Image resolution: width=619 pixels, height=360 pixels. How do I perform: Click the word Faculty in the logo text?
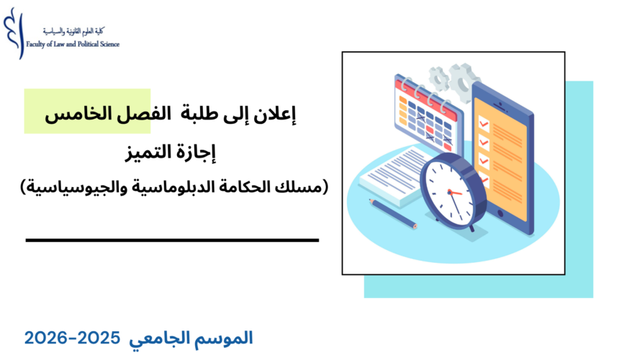coord(36,44)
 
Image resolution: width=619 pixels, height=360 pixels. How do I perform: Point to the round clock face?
coord(449,191)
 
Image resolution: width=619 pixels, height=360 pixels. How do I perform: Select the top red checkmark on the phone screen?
coord(484,124)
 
